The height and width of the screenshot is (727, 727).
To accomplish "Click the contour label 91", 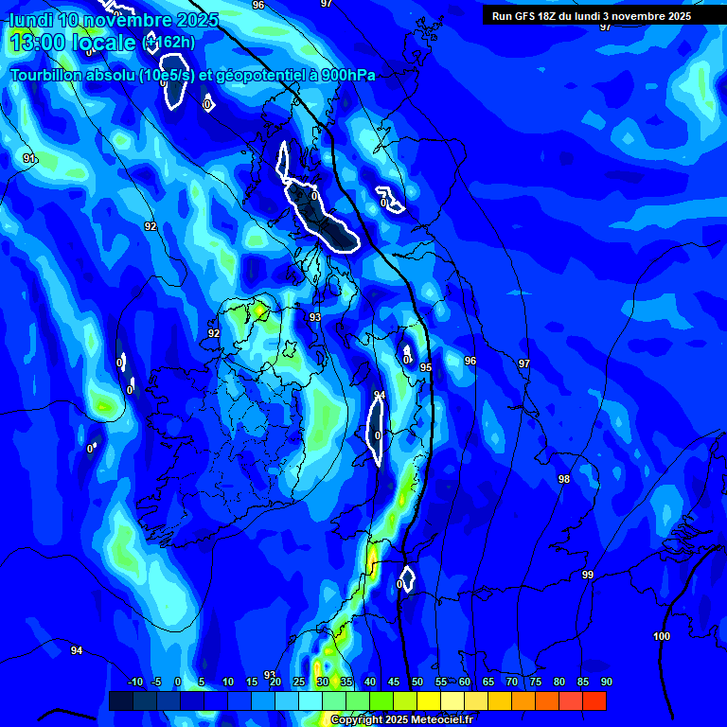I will pos(29,158).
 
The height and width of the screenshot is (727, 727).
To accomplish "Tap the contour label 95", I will pos(426,367).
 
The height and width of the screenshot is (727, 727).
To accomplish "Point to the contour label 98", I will pos(564,479).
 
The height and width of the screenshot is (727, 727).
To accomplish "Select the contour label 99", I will pos(588,575).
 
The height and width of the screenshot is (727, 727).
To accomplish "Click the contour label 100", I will pos(662,636).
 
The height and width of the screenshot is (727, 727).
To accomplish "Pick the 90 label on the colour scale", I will pos(606,682).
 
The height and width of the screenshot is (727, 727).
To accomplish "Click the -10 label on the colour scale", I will pos(134,682).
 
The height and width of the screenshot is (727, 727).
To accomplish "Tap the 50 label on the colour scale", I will pos(417,682).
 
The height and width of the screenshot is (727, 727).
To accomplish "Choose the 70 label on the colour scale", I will pos(512,682).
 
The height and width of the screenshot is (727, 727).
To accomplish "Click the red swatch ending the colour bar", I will pos(594,700).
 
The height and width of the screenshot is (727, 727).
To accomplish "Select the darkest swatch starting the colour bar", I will pos(120,700).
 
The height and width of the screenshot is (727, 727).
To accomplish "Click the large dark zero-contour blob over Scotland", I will pos(322,213).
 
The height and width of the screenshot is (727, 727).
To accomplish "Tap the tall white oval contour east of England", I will pos(376,430).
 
